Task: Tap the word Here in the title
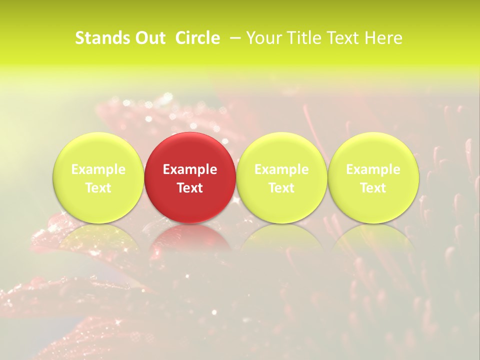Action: [383, 38]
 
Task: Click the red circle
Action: [190, 150]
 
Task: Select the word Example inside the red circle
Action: [190, 169]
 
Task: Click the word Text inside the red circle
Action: [190, 188]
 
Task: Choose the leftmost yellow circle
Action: [98, 150]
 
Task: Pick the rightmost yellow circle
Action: [373, 150]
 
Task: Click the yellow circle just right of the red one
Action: [281, 150]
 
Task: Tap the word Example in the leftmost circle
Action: [98, 169]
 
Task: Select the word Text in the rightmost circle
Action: [373, 188]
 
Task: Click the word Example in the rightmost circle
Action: [373, 169]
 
